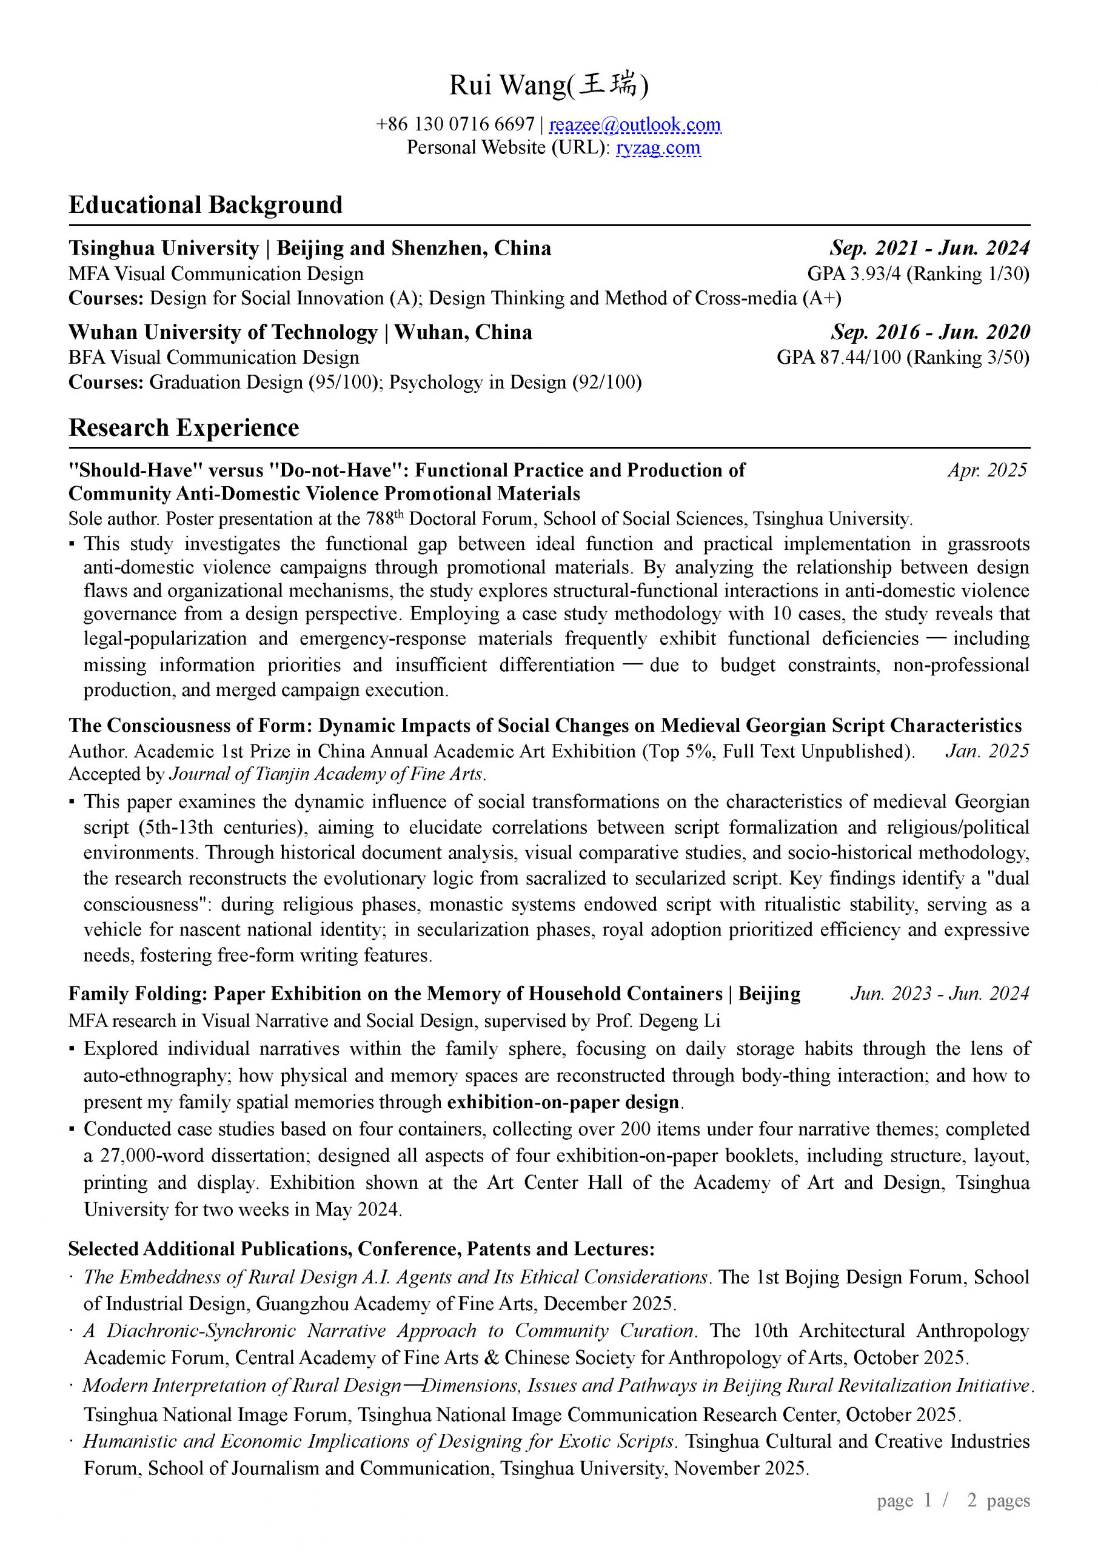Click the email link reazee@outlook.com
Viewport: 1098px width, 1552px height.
coord(634,125)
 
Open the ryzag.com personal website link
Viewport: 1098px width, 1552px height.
coord(658,147)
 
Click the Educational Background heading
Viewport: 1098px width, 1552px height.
coord(206,205)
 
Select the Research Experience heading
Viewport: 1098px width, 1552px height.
coord(184,428)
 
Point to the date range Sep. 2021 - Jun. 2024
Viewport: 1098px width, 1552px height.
coord(929,249)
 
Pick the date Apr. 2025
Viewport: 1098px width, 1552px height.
coord(987,470)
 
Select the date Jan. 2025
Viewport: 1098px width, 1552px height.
coord(987,751)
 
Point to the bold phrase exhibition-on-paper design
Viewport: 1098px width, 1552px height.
coord(563,1103)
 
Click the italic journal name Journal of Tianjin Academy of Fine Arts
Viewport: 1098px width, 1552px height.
coord(327,774)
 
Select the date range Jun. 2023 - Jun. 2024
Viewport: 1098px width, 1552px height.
coord(939,994)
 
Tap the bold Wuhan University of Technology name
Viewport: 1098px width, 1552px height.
coord(223,333)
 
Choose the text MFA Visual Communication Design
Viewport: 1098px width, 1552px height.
coord(216,274)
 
